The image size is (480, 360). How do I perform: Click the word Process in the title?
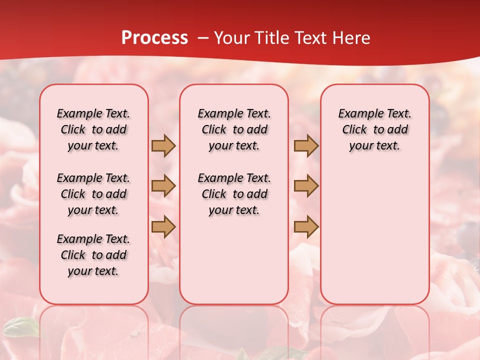tap(154, 38)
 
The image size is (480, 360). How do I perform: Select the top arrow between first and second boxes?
tap(163, 145)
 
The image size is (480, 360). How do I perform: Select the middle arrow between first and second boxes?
tap(163, 186)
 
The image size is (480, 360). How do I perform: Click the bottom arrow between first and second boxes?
tap(163, 226)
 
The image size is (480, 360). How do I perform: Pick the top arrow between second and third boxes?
tap(306, 145)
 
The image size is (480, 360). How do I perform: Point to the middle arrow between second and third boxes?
tap(306, 186)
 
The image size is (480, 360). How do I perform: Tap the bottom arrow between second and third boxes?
tap(306, 226)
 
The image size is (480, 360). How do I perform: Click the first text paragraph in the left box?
tap(93, 129)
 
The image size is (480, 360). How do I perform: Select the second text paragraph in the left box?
tap(93, 194)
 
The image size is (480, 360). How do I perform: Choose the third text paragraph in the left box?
tap(93, 255)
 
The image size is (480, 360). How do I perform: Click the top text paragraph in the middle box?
tap(234, 129)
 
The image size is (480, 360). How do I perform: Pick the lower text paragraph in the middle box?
tap(234, 194)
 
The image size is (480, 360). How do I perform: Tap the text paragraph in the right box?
tap(374, 129)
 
